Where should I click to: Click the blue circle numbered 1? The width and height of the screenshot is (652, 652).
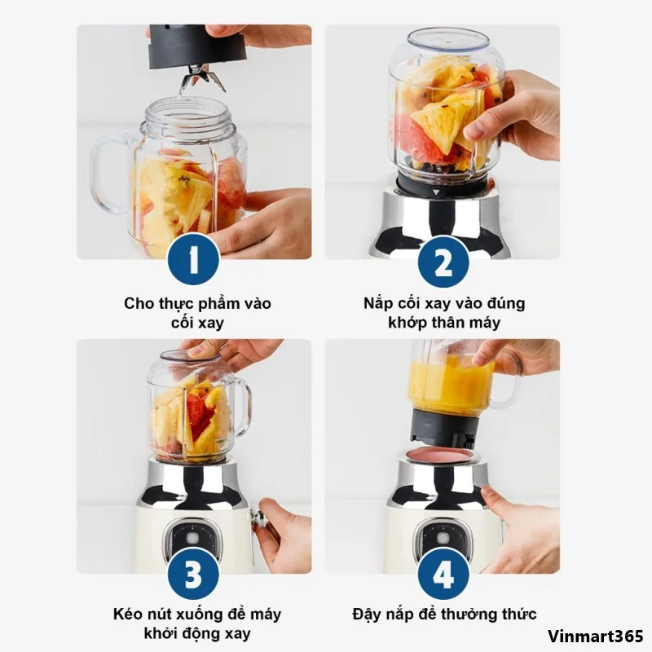pyautogui.click(x=193, y=259)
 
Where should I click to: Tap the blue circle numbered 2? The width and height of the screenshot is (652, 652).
pyautogui.click(x=443, y=262)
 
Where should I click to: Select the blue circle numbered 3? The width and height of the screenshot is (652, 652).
pyautogui.click(x=193, y=575)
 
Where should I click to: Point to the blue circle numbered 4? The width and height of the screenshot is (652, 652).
pyautogui.click(x=443, y=575)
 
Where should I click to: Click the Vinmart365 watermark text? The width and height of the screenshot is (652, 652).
pyautogui.click(x=596, y=637)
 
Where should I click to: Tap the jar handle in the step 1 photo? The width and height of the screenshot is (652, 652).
pyautogui.click(x=109, y=174)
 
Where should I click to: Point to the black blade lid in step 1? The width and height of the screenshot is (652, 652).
pyautogui.click(x=197, y=46)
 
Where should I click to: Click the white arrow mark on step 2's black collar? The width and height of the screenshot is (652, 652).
pyautogui.click(x=435, y=192)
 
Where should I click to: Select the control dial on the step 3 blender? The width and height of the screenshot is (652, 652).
pyautogui.click(x=192, y=539)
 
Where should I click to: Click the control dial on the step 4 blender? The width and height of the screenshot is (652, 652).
pyautogui.click(x=443, y=539)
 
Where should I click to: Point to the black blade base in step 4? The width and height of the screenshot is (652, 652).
pyautogui.click(x=443, y=429)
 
